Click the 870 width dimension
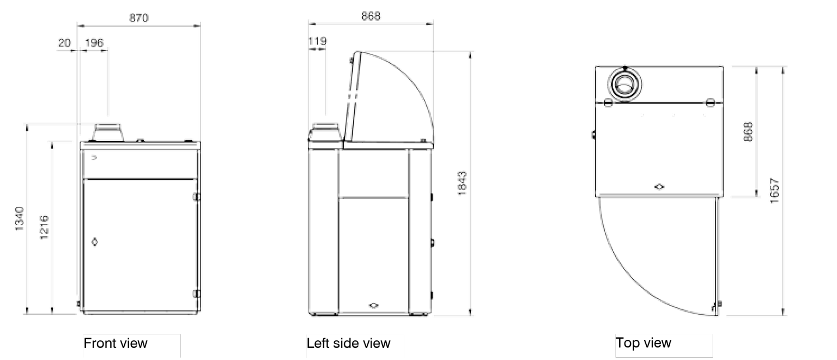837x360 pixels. [x=139, y=18]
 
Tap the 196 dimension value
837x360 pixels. [x=94, y=42]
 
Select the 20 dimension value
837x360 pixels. [x=64, y=43]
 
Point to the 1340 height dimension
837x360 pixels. [x=19, y=218]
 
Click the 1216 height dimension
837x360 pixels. [x=44, y=227]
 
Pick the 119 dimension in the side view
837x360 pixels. [x=317, y=41]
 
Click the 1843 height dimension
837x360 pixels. [x=462, y=184]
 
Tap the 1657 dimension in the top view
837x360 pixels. [x=775, y=191]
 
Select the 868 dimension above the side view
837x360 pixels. [x=371, y=16]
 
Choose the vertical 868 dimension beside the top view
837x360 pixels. [x=748, y=132]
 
